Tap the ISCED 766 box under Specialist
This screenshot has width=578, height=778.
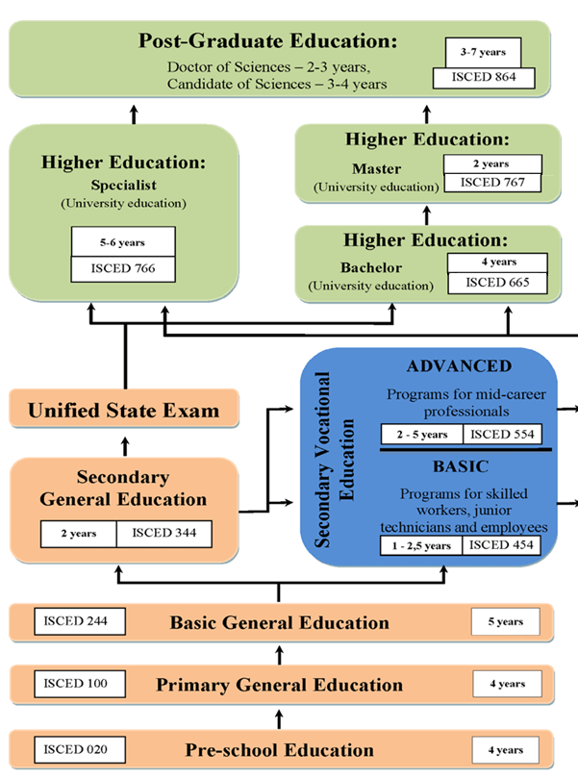tap(124, 268)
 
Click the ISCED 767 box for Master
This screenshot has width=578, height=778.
tap(492, 182)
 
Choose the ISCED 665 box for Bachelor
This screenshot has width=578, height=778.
tap(496, 282)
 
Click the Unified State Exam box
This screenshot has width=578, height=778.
tap(123, 411)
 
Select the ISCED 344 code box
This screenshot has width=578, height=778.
tap(163, 533)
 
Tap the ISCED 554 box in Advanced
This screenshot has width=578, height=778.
tap(502, 434)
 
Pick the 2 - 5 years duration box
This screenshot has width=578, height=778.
tap(420, 434)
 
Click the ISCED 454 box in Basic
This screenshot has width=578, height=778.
tap(500, 545)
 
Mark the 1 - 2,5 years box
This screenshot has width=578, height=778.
tap(422, 545)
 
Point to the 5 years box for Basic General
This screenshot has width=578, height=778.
tap(504, 621)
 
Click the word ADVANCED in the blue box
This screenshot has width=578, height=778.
tap(459, 366)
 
